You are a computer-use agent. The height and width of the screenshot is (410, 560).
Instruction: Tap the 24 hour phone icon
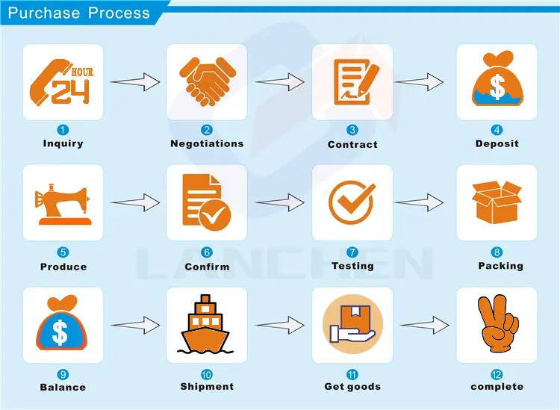63,81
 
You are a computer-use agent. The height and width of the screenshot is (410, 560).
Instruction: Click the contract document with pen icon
352,81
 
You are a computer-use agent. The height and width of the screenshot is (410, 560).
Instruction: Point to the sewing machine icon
63,202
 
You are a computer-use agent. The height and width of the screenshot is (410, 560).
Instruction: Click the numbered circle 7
352,252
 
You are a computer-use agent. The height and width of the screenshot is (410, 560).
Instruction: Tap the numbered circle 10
207,374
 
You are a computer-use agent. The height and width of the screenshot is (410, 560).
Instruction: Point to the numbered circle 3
352,130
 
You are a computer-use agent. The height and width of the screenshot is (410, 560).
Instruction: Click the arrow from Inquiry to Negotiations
135,81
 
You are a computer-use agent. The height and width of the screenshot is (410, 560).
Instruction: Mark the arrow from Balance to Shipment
135,325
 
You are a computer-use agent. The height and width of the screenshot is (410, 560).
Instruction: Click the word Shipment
207,387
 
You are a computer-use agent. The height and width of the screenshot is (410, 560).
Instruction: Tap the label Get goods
352,387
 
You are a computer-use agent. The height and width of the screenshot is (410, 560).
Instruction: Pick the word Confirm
207,267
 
